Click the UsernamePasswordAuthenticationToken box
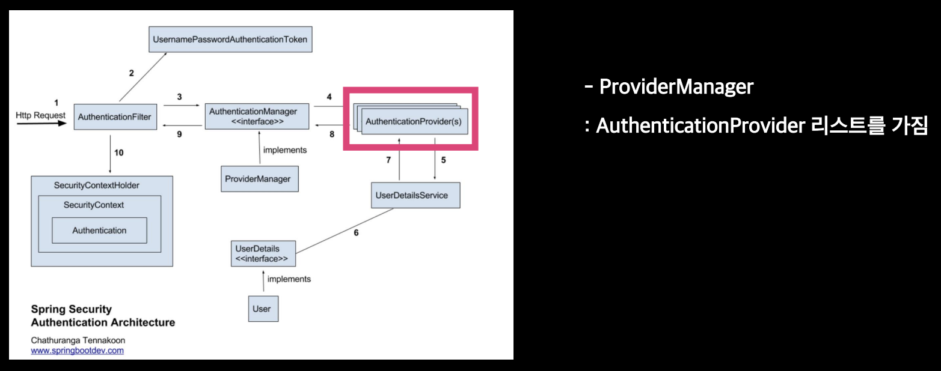pyautogui.click(x=230, y=40)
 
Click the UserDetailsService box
pyautogui.click(x=415, y=195)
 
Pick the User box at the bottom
pyautogui.click(x=263, y=309)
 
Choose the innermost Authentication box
pyautogui.click(x=99, y=230)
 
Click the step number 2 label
pyautogui.click(x=131, y=73)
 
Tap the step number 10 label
pyautogui.click(x=118, y=152)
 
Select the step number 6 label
pyautogui.click(x=356, y=232)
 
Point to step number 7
pyautogui.click(x=388, y=160)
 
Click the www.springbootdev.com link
pyautogui.click(x=77, y=350)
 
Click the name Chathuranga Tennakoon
pyautogui.click(x=78, y=340)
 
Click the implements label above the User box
pyautogui.click(x=289, y=279)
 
